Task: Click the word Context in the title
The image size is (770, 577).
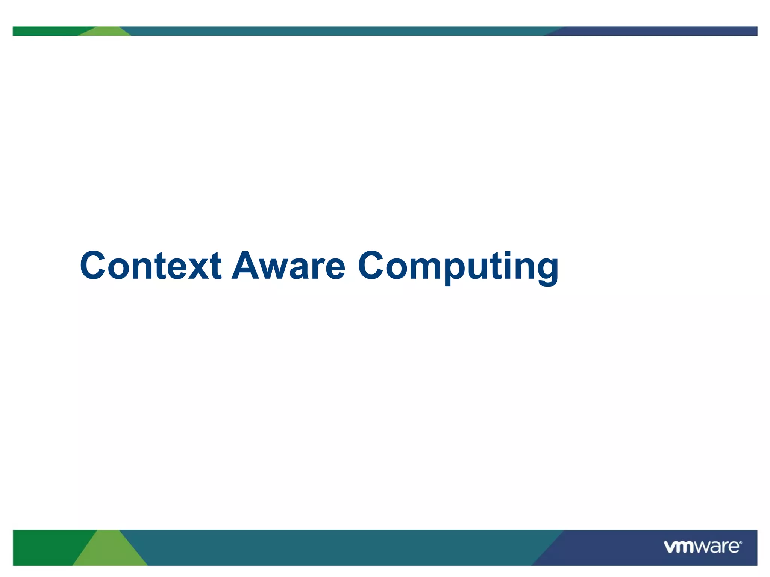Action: (150, 266)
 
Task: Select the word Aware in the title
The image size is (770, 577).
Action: (288, 266)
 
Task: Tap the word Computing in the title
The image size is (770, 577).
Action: (458, 266)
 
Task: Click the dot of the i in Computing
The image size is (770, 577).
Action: (509, 254)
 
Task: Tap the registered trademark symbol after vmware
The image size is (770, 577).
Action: (741, 543)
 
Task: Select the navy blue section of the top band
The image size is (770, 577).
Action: (658, 31)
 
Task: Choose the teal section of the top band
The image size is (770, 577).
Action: (338, 31)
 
